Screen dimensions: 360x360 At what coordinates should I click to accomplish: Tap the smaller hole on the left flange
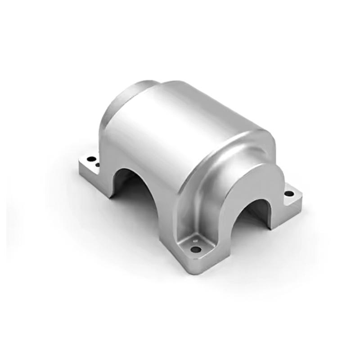[98, 165]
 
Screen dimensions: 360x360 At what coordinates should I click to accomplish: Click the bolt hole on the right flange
[289, 194]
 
